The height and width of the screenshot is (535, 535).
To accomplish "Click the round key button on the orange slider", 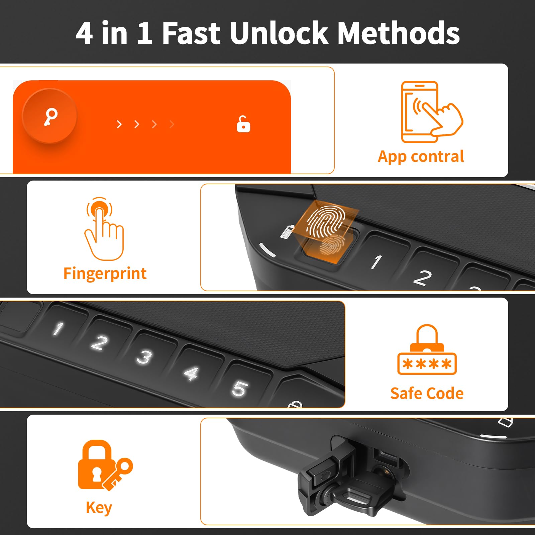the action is (x=50, y=116).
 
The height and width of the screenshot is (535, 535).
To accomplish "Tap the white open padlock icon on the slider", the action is (x=243, y=124).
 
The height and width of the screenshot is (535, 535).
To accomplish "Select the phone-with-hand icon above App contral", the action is (x=432, y=112).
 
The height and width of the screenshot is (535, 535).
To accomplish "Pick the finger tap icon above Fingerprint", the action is (x=104, y=229).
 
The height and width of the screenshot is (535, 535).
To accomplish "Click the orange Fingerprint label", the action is (x=105, y=274).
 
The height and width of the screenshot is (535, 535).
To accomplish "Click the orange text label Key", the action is (x=99, y=508).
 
